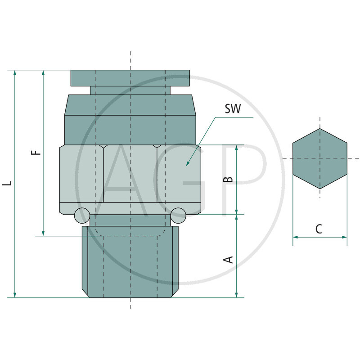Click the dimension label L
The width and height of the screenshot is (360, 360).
tap(6, 184)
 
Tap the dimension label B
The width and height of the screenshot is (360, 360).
tap(229, 179)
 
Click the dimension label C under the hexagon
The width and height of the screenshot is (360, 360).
tap(319, 229)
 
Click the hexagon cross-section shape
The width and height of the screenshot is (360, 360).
tap(319, 158)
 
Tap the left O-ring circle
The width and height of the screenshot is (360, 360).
tap(82, 216)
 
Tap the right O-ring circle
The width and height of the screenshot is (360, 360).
tap(178, 216)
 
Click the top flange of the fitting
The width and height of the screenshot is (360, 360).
tap(130, 78)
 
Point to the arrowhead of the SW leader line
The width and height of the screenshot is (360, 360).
tap(187, 165)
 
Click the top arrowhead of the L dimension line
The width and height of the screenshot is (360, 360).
tap(15, 73)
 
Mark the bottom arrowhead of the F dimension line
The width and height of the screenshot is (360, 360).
tap(43, 233)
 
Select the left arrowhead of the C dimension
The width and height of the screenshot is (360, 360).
tap(295, 237)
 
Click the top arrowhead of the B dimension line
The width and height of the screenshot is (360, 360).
tap(237, 148)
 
